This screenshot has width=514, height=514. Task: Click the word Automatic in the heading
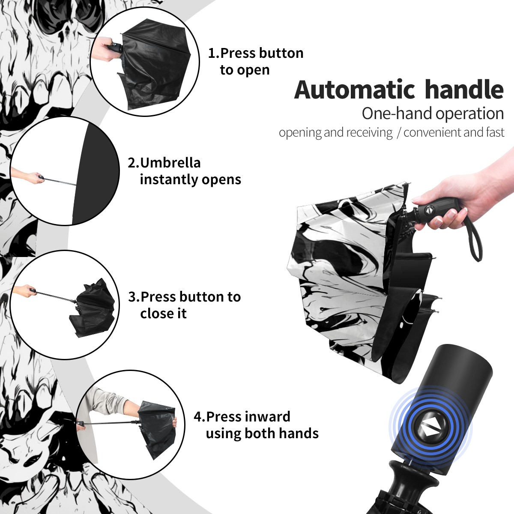point(355,90)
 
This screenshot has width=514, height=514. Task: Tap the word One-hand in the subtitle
point(397,114)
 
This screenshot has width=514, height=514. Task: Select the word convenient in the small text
point(432,132)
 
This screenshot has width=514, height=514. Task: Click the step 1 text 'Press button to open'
point(256,61)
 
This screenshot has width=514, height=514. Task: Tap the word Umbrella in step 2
point(170,163)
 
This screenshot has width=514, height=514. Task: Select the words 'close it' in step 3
point(163,313)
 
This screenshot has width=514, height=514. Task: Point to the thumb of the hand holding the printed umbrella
point(424,199)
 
